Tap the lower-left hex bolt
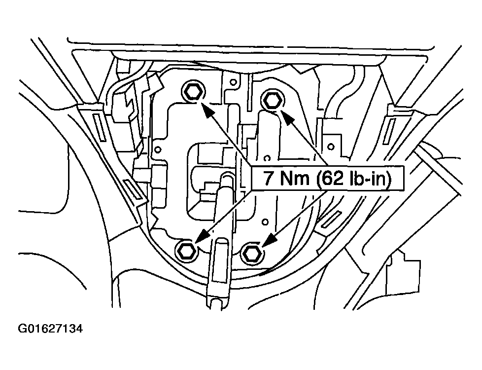[186, 251]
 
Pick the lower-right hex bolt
[251, 254]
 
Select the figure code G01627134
[50, 329]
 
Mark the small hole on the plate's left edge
[158, 148]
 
